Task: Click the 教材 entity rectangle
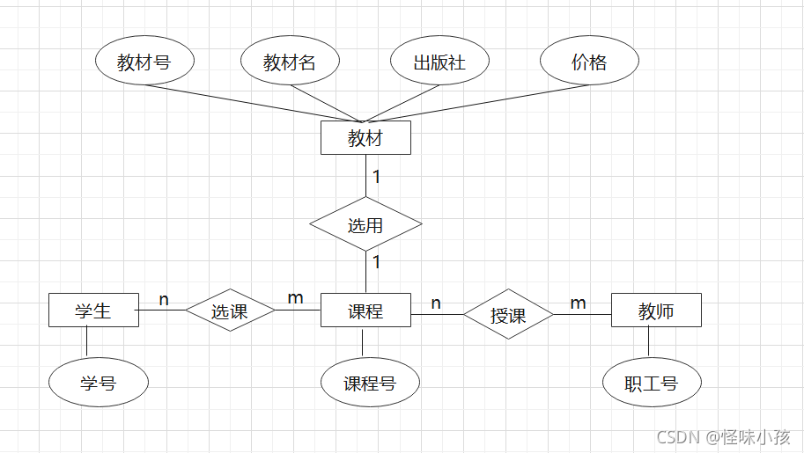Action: tap(365, 138)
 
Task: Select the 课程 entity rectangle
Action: tap(365, 311)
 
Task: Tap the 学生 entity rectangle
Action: tap(93, 311)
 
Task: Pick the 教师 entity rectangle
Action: tap(656, 311)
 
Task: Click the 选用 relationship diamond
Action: tap(365, 225)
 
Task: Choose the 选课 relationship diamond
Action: tap(230, 311)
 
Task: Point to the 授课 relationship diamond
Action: tap(508, 315)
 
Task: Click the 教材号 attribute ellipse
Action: tap(144, 62)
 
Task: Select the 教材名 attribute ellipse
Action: tap(290, 62)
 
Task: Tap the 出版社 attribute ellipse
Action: tap(439, 62)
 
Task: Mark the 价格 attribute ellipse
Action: tap(589, 62)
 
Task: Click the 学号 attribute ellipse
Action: tap(99, 383)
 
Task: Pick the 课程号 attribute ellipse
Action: tap(370, 383)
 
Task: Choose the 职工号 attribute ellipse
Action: tap(652, 383)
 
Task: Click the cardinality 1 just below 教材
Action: tap(376, 177)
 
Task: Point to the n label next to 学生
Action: tap(164, 300)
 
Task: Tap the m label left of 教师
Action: tap(578, 303)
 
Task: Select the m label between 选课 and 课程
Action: tap(295, 298)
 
